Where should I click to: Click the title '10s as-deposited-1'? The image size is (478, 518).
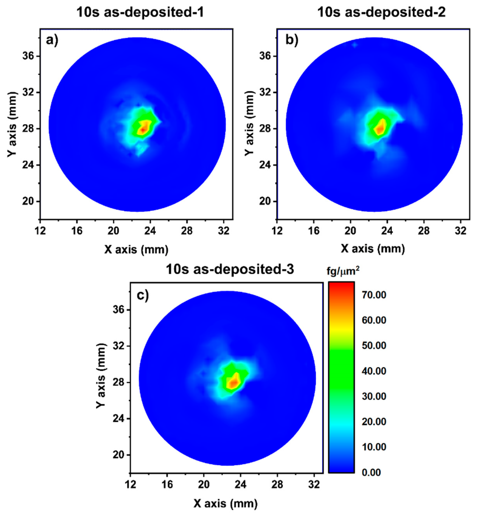140,12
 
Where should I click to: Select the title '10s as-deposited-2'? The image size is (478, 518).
381,12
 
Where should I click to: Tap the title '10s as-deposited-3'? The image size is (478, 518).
230,269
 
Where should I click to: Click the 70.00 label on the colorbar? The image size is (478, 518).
374,295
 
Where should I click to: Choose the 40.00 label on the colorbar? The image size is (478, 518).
374,371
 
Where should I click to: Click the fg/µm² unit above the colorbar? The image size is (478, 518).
342,272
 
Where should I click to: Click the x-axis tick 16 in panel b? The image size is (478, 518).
314,231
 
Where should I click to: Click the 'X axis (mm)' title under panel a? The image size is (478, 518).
136,249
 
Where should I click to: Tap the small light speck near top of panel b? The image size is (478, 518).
355,45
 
